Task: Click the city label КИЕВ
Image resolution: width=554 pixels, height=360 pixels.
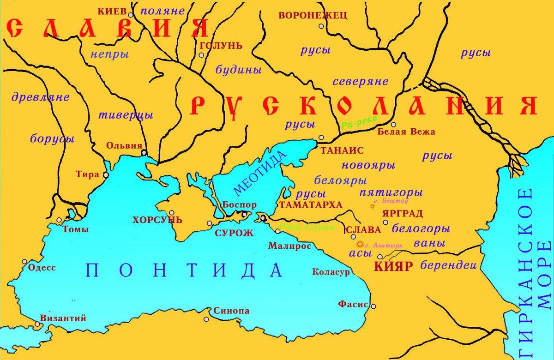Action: click(112, 11)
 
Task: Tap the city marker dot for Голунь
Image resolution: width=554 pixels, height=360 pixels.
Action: click(201, 55)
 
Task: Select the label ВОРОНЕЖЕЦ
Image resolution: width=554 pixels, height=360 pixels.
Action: click(313, 15)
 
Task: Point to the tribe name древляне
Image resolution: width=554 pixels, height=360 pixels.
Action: click(41, 97)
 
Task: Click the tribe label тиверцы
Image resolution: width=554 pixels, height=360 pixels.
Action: click(126, 115)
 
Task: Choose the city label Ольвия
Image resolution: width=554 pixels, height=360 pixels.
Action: click(124, 145)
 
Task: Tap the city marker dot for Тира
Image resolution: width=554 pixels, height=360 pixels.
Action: click(106, 175)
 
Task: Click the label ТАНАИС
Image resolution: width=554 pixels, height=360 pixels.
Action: click(342, 150)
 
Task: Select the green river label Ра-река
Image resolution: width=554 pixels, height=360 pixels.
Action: click(360, 121)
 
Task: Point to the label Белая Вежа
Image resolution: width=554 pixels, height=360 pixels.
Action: click(406, 132)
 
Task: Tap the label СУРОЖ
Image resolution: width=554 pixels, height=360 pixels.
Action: click(234, 233)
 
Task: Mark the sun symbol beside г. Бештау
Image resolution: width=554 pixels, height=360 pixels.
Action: click(373, 206)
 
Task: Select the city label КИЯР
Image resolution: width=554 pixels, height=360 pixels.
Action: click(392, 266)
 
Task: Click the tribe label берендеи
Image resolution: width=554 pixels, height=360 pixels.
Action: click(448, 265)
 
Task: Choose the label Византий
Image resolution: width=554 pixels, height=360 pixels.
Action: click(63, 318)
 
